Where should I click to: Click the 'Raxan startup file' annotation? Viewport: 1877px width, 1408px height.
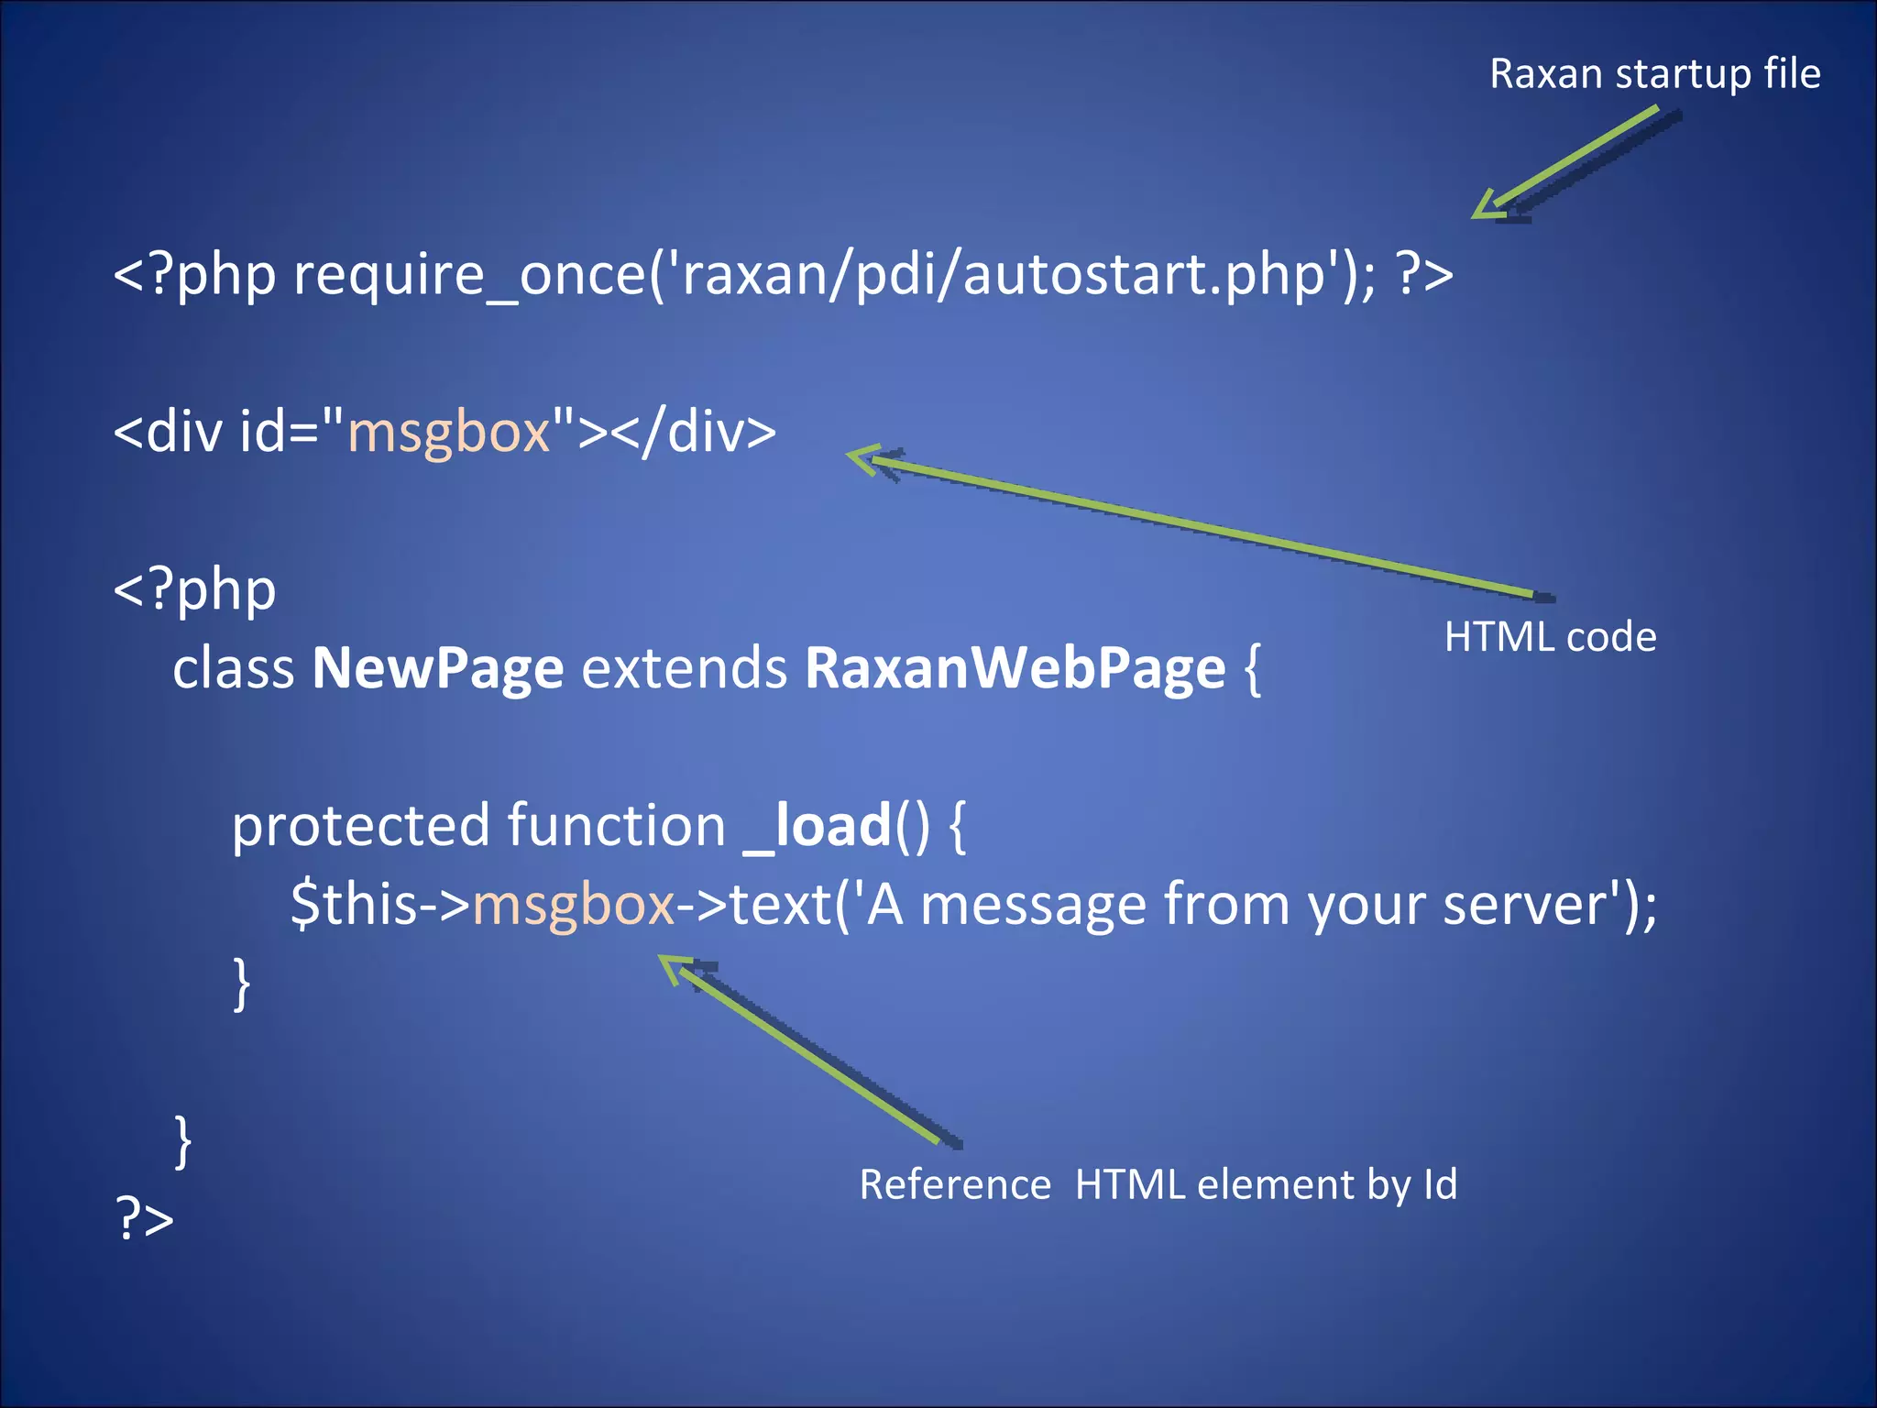pos(1654,73)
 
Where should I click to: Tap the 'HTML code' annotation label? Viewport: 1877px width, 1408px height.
pos(1550,636)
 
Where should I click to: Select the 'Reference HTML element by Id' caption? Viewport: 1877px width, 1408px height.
pos(1158,1183)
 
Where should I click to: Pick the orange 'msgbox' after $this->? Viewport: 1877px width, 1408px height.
pos(574,906)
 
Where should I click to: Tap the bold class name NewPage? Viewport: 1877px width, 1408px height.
pos(438,668)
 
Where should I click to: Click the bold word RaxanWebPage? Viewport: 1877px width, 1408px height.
pos(1015,668)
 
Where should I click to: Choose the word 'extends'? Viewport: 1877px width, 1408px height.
pos(685,668)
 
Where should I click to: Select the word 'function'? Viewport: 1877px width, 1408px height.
pos(616,826)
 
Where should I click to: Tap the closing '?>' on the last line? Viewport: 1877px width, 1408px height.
pos(145,1219)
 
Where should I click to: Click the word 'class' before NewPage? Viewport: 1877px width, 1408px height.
pos(234,668)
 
